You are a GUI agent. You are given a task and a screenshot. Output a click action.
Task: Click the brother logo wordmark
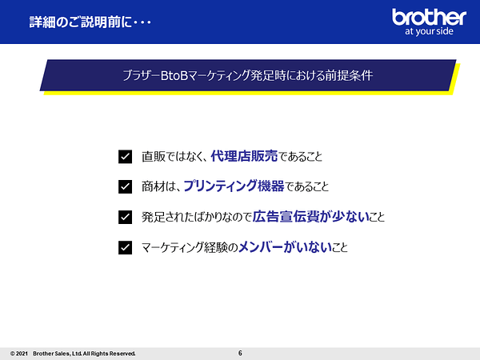point(429,17)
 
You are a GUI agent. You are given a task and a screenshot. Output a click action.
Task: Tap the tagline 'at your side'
point(429,31)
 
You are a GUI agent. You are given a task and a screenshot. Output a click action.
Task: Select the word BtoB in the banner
point(174,75)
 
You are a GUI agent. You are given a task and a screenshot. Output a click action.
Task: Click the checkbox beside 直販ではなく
point(126,157)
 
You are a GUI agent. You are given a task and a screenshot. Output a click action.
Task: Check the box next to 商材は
point(126,186)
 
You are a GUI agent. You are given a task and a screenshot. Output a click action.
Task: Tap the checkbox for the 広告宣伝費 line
point(126,217)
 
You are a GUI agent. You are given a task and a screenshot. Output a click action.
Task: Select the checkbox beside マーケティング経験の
point(126,247)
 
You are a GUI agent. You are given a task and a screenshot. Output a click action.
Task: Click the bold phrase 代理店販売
point(244,156)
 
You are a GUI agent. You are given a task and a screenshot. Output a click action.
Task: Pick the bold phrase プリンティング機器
point(234,186)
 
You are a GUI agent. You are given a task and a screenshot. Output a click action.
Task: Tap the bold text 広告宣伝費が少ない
point(310,217)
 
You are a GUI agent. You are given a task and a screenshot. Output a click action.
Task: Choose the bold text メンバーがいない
point(285,246)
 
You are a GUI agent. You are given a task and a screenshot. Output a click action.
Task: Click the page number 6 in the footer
point(240,353)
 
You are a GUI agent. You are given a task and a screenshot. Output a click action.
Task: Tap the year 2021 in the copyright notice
point(22,354)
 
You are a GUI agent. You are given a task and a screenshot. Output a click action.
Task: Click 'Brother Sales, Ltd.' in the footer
point(58,354)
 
